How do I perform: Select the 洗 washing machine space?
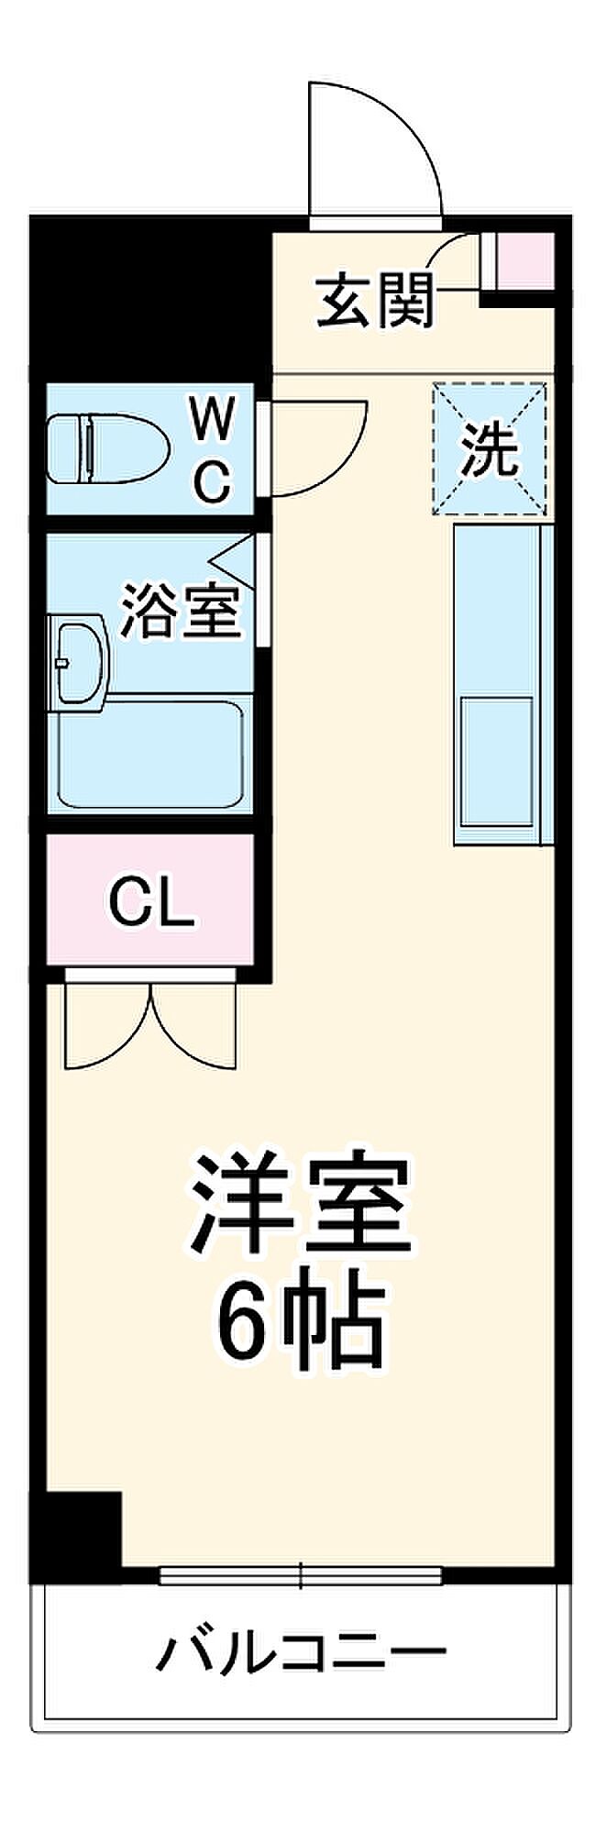pos(490,448)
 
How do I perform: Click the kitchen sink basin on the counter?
pos(497,761)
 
